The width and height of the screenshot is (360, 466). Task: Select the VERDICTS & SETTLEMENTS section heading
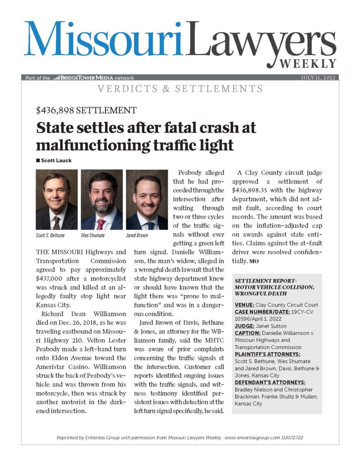[179, 89]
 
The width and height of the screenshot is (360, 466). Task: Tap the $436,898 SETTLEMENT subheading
[86, 110]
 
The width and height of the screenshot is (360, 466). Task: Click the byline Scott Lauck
[55, 160]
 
